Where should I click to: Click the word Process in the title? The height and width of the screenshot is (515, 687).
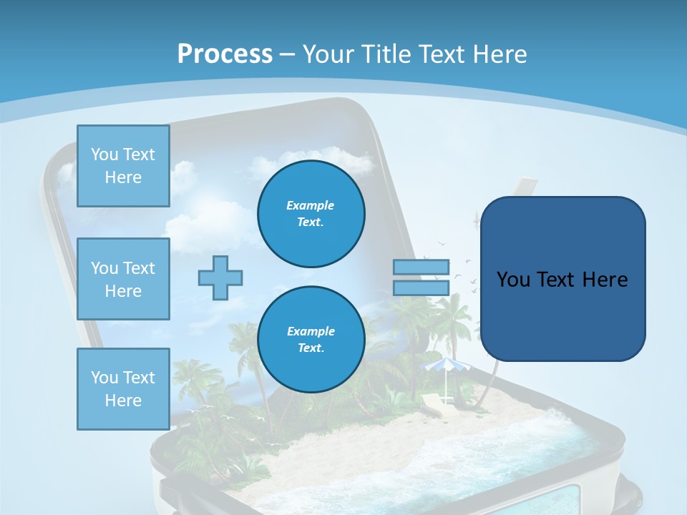[225, 54]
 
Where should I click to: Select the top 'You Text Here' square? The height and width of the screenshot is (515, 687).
[123, 166]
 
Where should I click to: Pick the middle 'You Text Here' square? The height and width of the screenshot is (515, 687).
[123, 279]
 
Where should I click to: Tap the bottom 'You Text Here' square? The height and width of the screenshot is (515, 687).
[123, 389]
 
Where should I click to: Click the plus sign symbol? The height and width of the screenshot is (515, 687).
[220, 278]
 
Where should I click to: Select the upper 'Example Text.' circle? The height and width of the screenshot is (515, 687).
[311, 213]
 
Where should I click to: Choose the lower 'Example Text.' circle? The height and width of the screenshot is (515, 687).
[311, 339]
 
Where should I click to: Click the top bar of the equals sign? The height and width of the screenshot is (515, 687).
[421, 267]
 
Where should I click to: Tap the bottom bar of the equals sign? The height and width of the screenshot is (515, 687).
[421, 288]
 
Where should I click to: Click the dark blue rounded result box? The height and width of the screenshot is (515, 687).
[562, 278]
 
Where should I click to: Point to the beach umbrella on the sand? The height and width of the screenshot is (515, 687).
[444, 367]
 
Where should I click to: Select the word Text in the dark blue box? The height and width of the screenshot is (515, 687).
[555, 279]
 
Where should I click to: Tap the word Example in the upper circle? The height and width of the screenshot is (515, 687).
[311, 205]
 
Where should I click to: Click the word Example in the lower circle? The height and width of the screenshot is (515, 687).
[311, 331]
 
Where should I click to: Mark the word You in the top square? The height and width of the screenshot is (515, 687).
[104, 154]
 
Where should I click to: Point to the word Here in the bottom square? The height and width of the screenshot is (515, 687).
[123, 401]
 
